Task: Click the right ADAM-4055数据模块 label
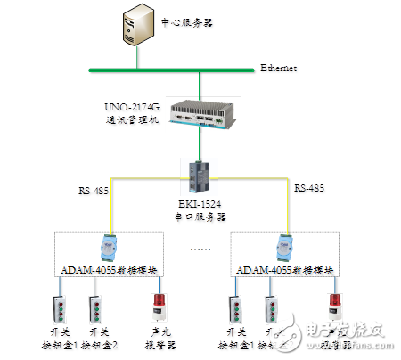click(x=288, y=269)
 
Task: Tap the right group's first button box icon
click(x=235, y=308)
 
